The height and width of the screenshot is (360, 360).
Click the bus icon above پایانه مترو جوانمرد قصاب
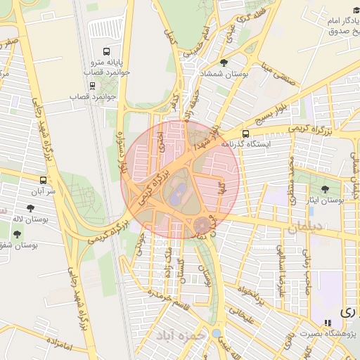tap(106, 51)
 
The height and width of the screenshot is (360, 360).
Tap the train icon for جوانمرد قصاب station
tap(93, 86)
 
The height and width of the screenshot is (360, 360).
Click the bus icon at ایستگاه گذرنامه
tap(245, 134)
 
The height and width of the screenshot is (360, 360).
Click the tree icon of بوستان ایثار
tap(325, 189)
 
